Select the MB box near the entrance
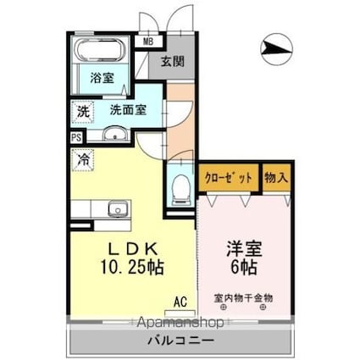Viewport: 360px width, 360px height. (148, 42)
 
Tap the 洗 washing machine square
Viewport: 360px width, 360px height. (83, 111)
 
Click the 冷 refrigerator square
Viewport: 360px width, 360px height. (85, 158)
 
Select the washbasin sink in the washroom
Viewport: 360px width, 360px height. (114, 133)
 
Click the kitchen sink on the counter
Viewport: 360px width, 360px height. (118, 208)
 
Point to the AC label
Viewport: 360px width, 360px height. (180, 301)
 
